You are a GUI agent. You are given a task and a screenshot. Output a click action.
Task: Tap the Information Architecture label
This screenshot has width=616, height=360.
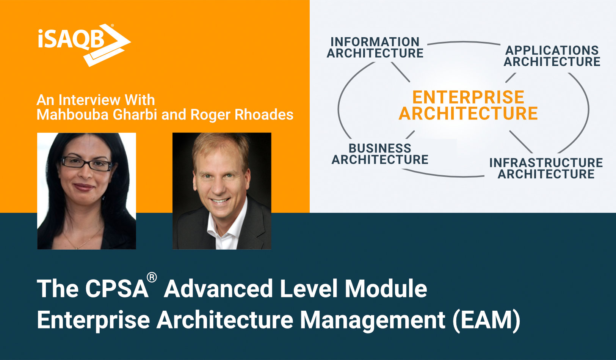coord(375,47)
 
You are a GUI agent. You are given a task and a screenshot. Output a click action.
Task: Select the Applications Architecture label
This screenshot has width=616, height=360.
coord(552,56)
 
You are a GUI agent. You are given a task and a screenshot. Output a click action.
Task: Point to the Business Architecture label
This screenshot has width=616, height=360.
coord(380,154)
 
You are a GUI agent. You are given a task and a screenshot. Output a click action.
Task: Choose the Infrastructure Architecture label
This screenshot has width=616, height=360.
coord(546,168)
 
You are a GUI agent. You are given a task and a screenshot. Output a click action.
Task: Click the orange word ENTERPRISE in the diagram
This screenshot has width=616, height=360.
coord(468,97)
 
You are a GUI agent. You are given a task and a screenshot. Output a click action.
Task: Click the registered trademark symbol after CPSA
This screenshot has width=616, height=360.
coord(152,278)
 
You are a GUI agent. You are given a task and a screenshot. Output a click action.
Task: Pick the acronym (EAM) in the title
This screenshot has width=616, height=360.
coord(486,319)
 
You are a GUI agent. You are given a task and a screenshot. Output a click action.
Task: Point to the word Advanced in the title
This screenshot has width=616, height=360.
coord(218,289)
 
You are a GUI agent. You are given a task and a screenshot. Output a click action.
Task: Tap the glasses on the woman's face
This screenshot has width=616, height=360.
coord(87,163)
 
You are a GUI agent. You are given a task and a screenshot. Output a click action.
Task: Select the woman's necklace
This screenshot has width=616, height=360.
coord(82,243)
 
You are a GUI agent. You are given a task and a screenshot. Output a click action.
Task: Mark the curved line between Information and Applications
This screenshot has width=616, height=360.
coord(463,42)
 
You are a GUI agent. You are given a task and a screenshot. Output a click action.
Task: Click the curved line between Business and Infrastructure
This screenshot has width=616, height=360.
coord(444,175)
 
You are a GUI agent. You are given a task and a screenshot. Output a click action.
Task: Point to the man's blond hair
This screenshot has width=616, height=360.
coord(220,146)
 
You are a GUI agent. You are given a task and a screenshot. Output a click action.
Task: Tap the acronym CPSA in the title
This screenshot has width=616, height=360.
coord(116,289)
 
